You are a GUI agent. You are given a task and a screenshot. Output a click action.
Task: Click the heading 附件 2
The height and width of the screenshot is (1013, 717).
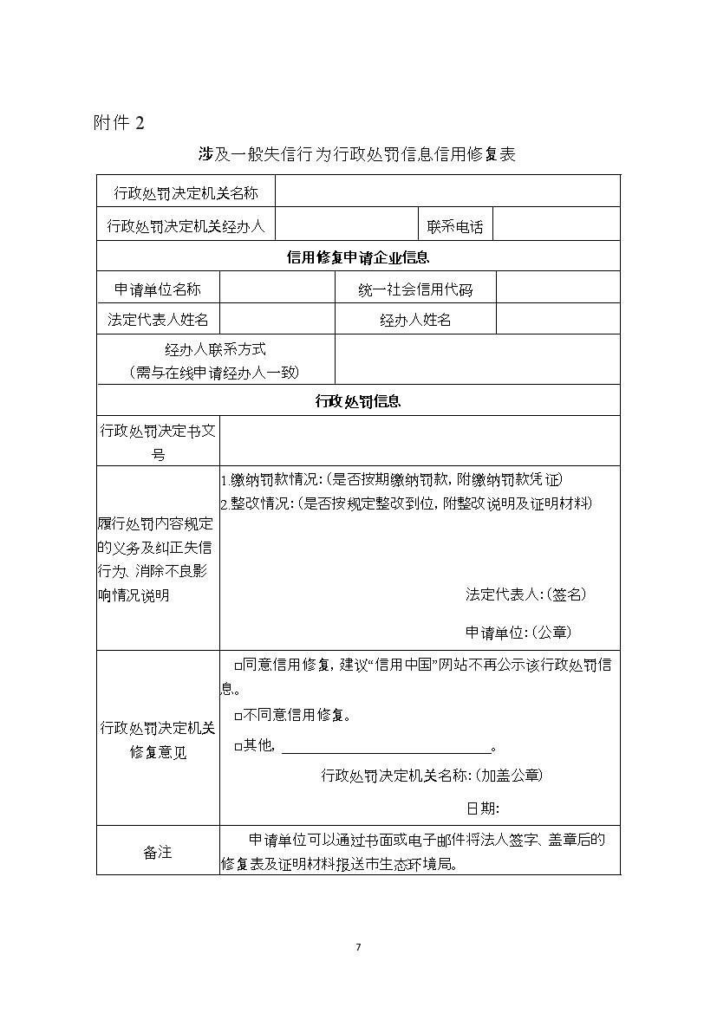pos(119,123)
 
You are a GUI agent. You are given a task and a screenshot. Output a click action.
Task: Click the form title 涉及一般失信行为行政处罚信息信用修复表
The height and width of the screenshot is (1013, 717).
pos(357,155)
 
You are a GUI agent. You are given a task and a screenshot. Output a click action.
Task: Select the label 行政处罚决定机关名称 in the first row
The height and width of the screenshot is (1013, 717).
pos(186,192)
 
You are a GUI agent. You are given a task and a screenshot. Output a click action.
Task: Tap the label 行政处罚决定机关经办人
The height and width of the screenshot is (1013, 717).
pos(186,226)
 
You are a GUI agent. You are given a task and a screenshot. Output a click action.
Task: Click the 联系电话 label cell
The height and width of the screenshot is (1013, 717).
pos(454,227)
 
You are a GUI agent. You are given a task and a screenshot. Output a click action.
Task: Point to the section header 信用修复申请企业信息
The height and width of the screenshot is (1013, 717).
pos(357,257)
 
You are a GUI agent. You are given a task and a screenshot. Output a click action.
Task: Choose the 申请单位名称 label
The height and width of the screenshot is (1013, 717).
pos(158,289)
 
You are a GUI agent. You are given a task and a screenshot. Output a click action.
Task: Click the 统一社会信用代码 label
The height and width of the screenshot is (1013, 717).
pos(415,289)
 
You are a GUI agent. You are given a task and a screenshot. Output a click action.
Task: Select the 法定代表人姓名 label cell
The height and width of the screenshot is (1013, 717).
pos(158,320)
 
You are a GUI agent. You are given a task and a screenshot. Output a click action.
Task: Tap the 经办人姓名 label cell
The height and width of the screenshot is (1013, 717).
pos(415,320)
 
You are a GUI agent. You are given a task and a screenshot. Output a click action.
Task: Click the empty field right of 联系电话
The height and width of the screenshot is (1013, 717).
pos(556,227)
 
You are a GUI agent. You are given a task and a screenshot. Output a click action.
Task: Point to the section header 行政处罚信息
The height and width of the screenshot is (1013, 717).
pos(357,400)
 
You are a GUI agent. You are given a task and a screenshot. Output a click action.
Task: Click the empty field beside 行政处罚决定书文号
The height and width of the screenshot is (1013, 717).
pos(420,440)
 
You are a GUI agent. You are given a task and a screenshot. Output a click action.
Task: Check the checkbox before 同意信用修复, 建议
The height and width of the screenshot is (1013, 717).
pos(238,666)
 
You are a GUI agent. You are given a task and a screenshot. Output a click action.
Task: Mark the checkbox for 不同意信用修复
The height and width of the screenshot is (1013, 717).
pos(238,716)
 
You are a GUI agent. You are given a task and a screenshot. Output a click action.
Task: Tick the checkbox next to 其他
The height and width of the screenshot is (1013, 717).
pos(238,746)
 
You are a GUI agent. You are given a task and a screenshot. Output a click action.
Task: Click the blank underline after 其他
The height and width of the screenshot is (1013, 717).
pos(386,747)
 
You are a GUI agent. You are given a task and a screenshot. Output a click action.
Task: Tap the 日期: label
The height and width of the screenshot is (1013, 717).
pos(482,808)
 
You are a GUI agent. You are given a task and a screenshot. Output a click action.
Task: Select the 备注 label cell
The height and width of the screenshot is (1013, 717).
pos(158,851)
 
